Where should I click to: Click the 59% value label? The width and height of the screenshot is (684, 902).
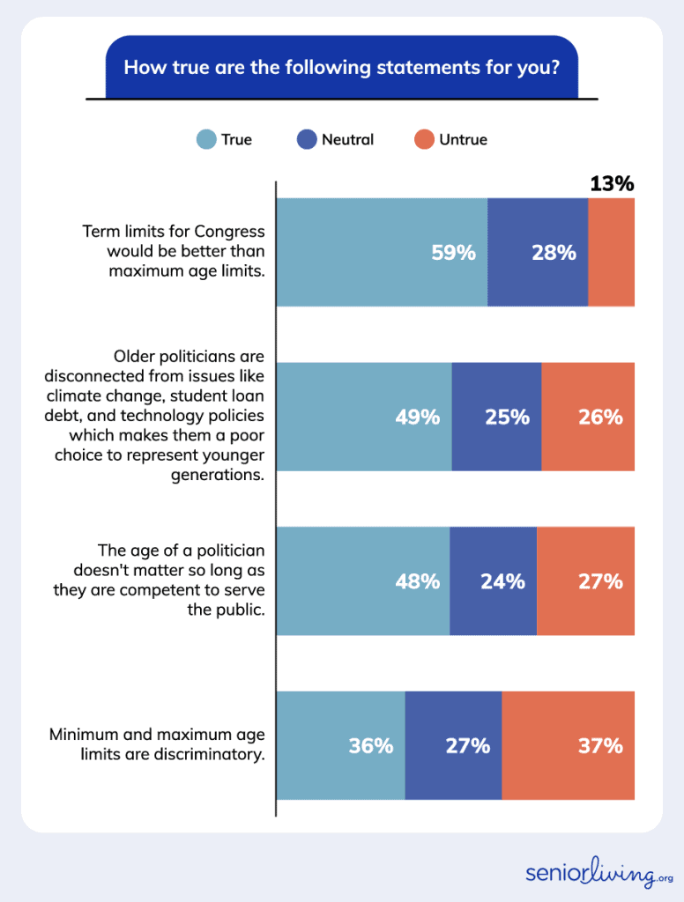(x=453, y=253)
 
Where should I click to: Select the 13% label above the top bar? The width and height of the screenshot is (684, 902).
(x=612, y=183)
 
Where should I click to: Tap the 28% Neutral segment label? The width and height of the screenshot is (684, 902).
(x=554, y=253)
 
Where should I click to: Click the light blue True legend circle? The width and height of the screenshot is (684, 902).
(x=206, y=139)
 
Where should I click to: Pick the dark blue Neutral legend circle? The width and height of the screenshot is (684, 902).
(x=307, y=139)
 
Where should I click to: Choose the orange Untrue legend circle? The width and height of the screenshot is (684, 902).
(x=425, y=139)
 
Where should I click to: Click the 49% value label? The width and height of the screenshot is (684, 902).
(x=417, y=418)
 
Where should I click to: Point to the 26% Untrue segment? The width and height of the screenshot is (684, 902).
(x=588, y=417)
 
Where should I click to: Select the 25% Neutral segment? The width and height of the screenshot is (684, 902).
(x=497, y=417)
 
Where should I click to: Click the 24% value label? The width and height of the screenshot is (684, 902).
(x=502, y=581)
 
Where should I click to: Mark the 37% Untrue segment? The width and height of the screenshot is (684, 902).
(x=569, y=745)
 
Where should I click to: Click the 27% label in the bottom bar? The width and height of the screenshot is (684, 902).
(x=467, y=746)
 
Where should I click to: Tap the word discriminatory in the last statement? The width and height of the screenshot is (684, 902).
(x=214, y=754)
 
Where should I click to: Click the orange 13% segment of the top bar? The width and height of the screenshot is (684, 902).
(x=611, y=252)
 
